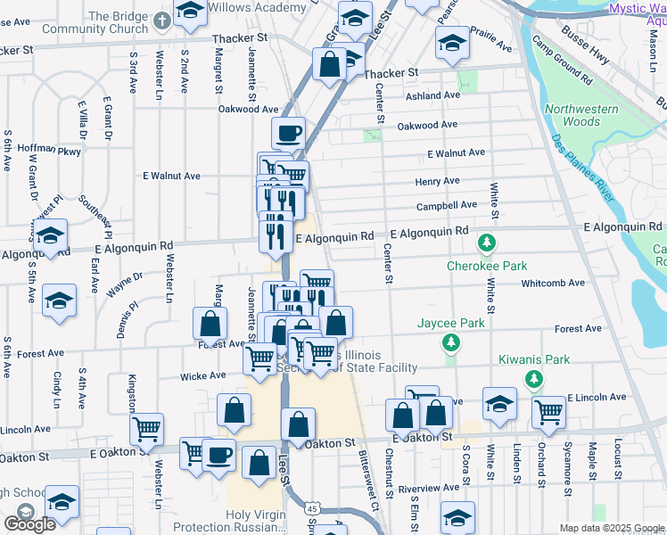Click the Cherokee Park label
click(x=487, y=266)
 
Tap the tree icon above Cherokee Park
click(x=487, y=243)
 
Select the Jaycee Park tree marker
click(x=452, y=342)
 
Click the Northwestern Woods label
click(x=581, y=115)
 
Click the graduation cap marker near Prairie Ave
click(x=452, y=43)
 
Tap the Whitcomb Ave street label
click(x=553, y=283)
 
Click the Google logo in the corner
click(x=29, y=523)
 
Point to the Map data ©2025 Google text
click(x=612, y=528)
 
